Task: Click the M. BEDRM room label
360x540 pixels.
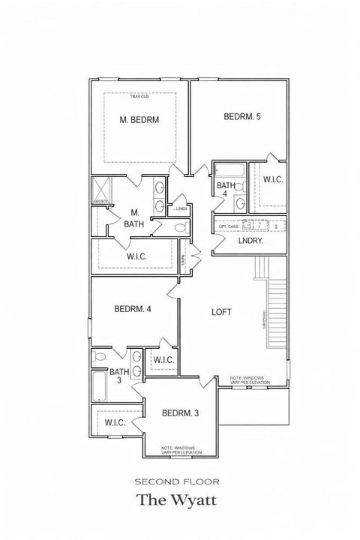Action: [x=139, y=119]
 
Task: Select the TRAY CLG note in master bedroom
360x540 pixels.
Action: [x=139, y=97]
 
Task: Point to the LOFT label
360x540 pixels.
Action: [x=220, y=312]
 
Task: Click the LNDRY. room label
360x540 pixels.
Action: [x=251, y=241]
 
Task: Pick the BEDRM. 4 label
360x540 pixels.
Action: [x=133, y=309]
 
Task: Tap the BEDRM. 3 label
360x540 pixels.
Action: [x=180, y=413]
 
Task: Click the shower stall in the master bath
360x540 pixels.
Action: [x=101, y=191]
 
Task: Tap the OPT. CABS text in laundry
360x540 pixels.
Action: [x=228, y=226]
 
